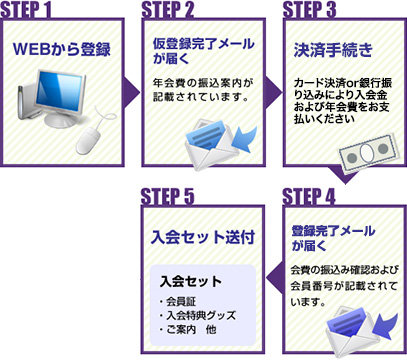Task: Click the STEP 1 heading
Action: point(26,10)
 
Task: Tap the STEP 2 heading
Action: point(168,10)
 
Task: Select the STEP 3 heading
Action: point(309,10)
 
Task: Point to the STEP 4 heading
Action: point(309,197)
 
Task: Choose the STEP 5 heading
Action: point(167,197)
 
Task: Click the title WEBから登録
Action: point(62,49)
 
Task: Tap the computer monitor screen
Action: point(59,92)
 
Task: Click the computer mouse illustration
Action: point(89,140)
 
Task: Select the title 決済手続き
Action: point(333,50)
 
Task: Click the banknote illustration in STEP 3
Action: point(369,153)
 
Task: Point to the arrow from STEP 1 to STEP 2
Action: point(132,93)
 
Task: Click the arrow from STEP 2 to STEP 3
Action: point(274,93)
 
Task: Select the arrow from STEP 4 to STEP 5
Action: point(274,279)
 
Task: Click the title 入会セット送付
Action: point(203,237)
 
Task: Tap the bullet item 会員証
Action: point(178,302)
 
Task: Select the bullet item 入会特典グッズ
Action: point(198,315)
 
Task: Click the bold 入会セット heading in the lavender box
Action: point(191,282)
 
